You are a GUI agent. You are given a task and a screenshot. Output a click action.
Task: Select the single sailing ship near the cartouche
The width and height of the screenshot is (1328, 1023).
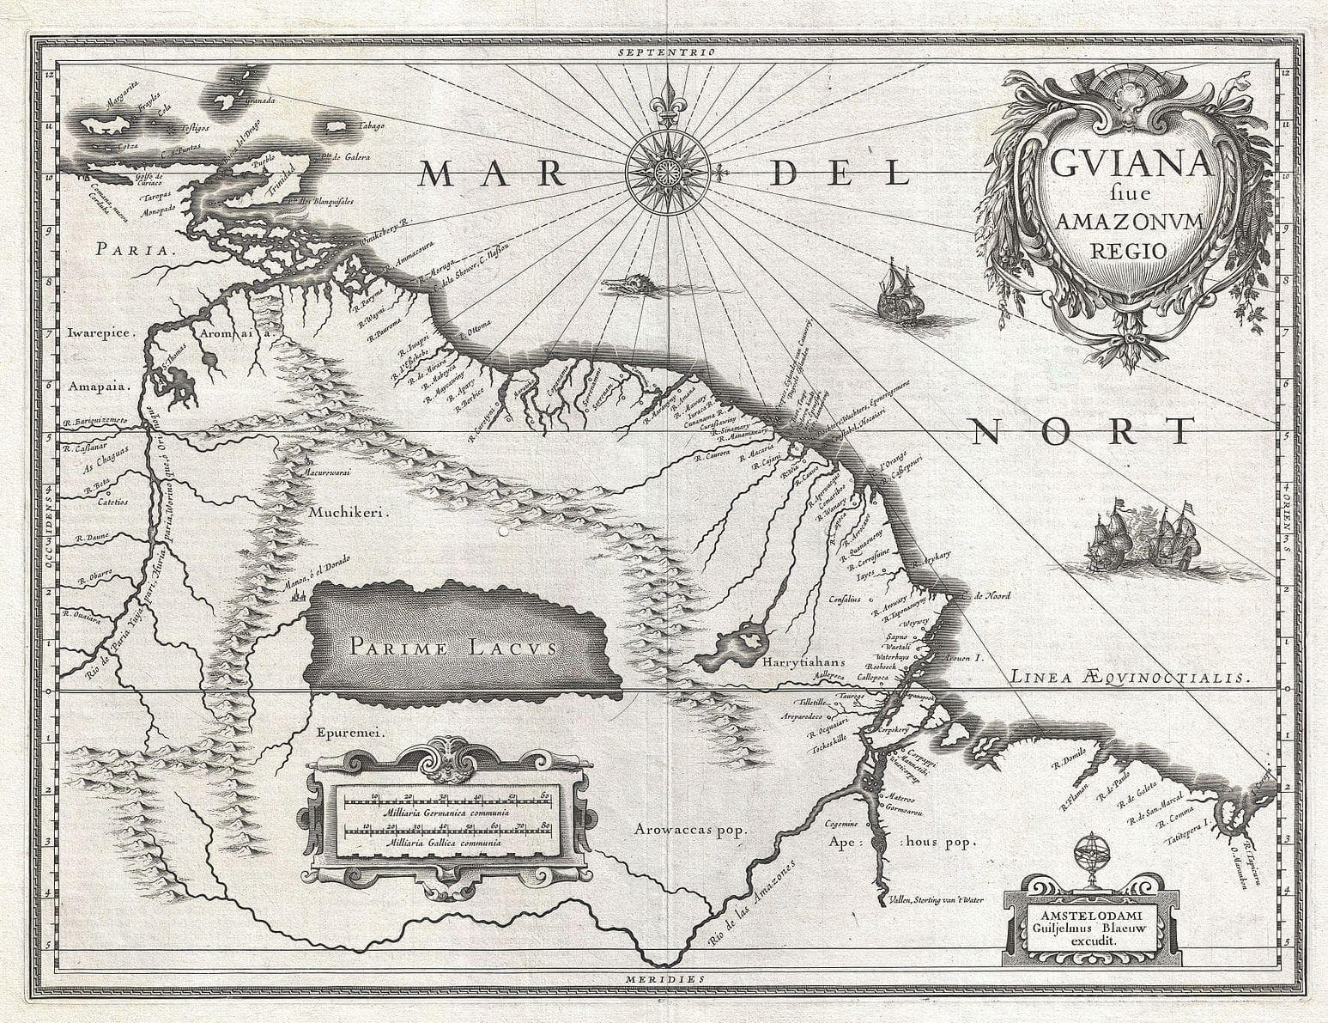click(x=897, y=291)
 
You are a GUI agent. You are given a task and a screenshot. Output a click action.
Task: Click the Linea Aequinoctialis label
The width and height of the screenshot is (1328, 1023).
click(x=1126, y=678)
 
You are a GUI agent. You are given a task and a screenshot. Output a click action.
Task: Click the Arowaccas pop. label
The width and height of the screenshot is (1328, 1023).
click(x=692, y=829)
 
